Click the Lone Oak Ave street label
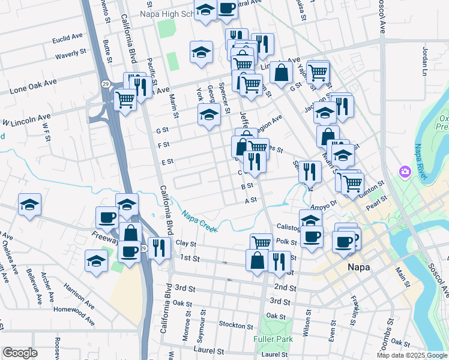point(33,86)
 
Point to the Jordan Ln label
point(424,62)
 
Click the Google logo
point(20,353)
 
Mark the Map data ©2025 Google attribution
point(412,355)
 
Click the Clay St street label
point(183,243)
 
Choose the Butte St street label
point(107,52)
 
